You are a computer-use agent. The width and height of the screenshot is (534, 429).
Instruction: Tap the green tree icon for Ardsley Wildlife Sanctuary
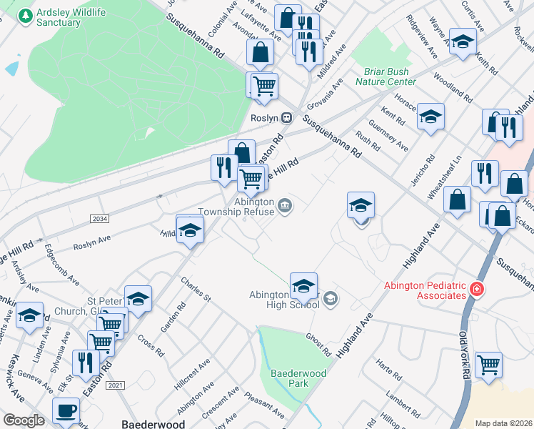pyautogui.click(x=26, y=15)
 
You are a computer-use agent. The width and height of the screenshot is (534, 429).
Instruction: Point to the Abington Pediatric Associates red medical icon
pyautogui.click(x=477, y=290)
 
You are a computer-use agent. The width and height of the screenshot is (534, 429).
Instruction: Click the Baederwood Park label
pyautogui.click(x=298, y=378)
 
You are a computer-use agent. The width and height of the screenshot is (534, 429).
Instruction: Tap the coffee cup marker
pyautogui.click(x=66, y=410)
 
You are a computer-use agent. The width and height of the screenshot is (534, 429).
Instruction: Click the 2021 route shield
pyautogui.click(x=115, y=385)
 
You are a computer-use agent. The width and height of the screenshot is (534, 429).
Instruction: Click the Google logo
pyautogui.click(x=24, y=420)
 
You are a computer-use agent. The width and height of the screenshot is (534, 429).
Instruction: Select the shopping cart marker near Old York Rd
pyautogui.click(x=488, y=365)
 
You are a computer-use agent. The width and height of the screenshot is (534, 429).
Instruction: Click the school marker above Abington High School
pyautogui.click(x=303, y=285)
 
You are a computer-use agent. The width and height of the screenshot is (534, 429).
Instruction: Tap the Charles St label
pyautogui.click(x=196, y=289)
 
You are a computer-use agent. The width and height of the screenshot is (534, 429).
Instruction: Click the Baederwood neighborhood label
pyautogui.click(x=154, y=424)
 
